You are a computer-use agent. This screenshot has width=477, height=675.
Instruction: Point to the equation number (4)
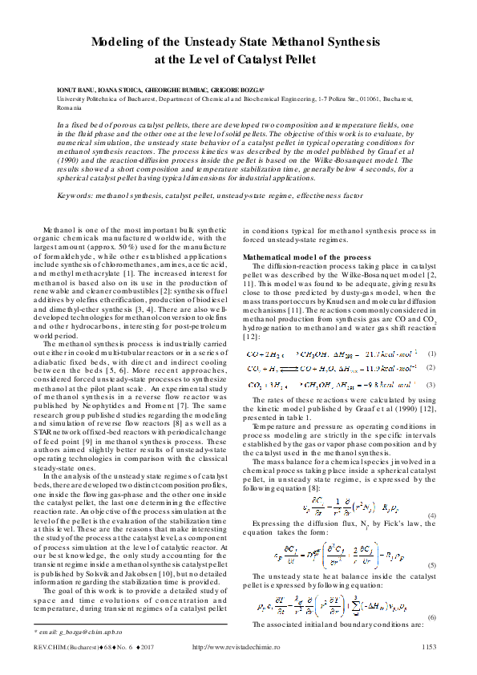pyautogui.click(x=432, y=515)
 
